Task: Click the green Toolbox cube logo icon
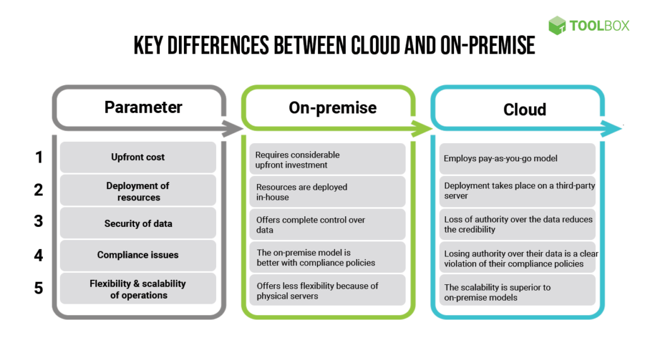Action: [557, 25]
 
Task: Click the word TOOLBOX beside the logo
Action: [599, 26]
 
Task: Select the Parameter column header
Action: [143, 107]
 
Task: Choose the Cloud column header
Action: [524, 110]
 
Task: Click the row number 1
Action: [38, 157]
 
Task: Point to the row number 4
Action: [38, 255]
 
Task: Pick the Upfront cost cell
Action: [138, 157]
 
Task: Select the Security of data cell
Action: [138, 223]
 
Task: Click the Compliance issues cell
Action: [138, 255]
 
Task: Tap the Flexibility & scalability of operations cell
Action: [138, 289]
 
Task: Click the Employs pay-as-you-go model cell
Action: [517, 158]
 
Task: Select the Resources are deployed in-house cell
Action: [327, 192]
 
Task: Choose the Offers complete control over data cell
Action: [327, 224]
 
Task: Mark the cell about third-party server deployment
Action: [517, 190]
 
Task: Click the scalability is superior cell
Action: [517, 292]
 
